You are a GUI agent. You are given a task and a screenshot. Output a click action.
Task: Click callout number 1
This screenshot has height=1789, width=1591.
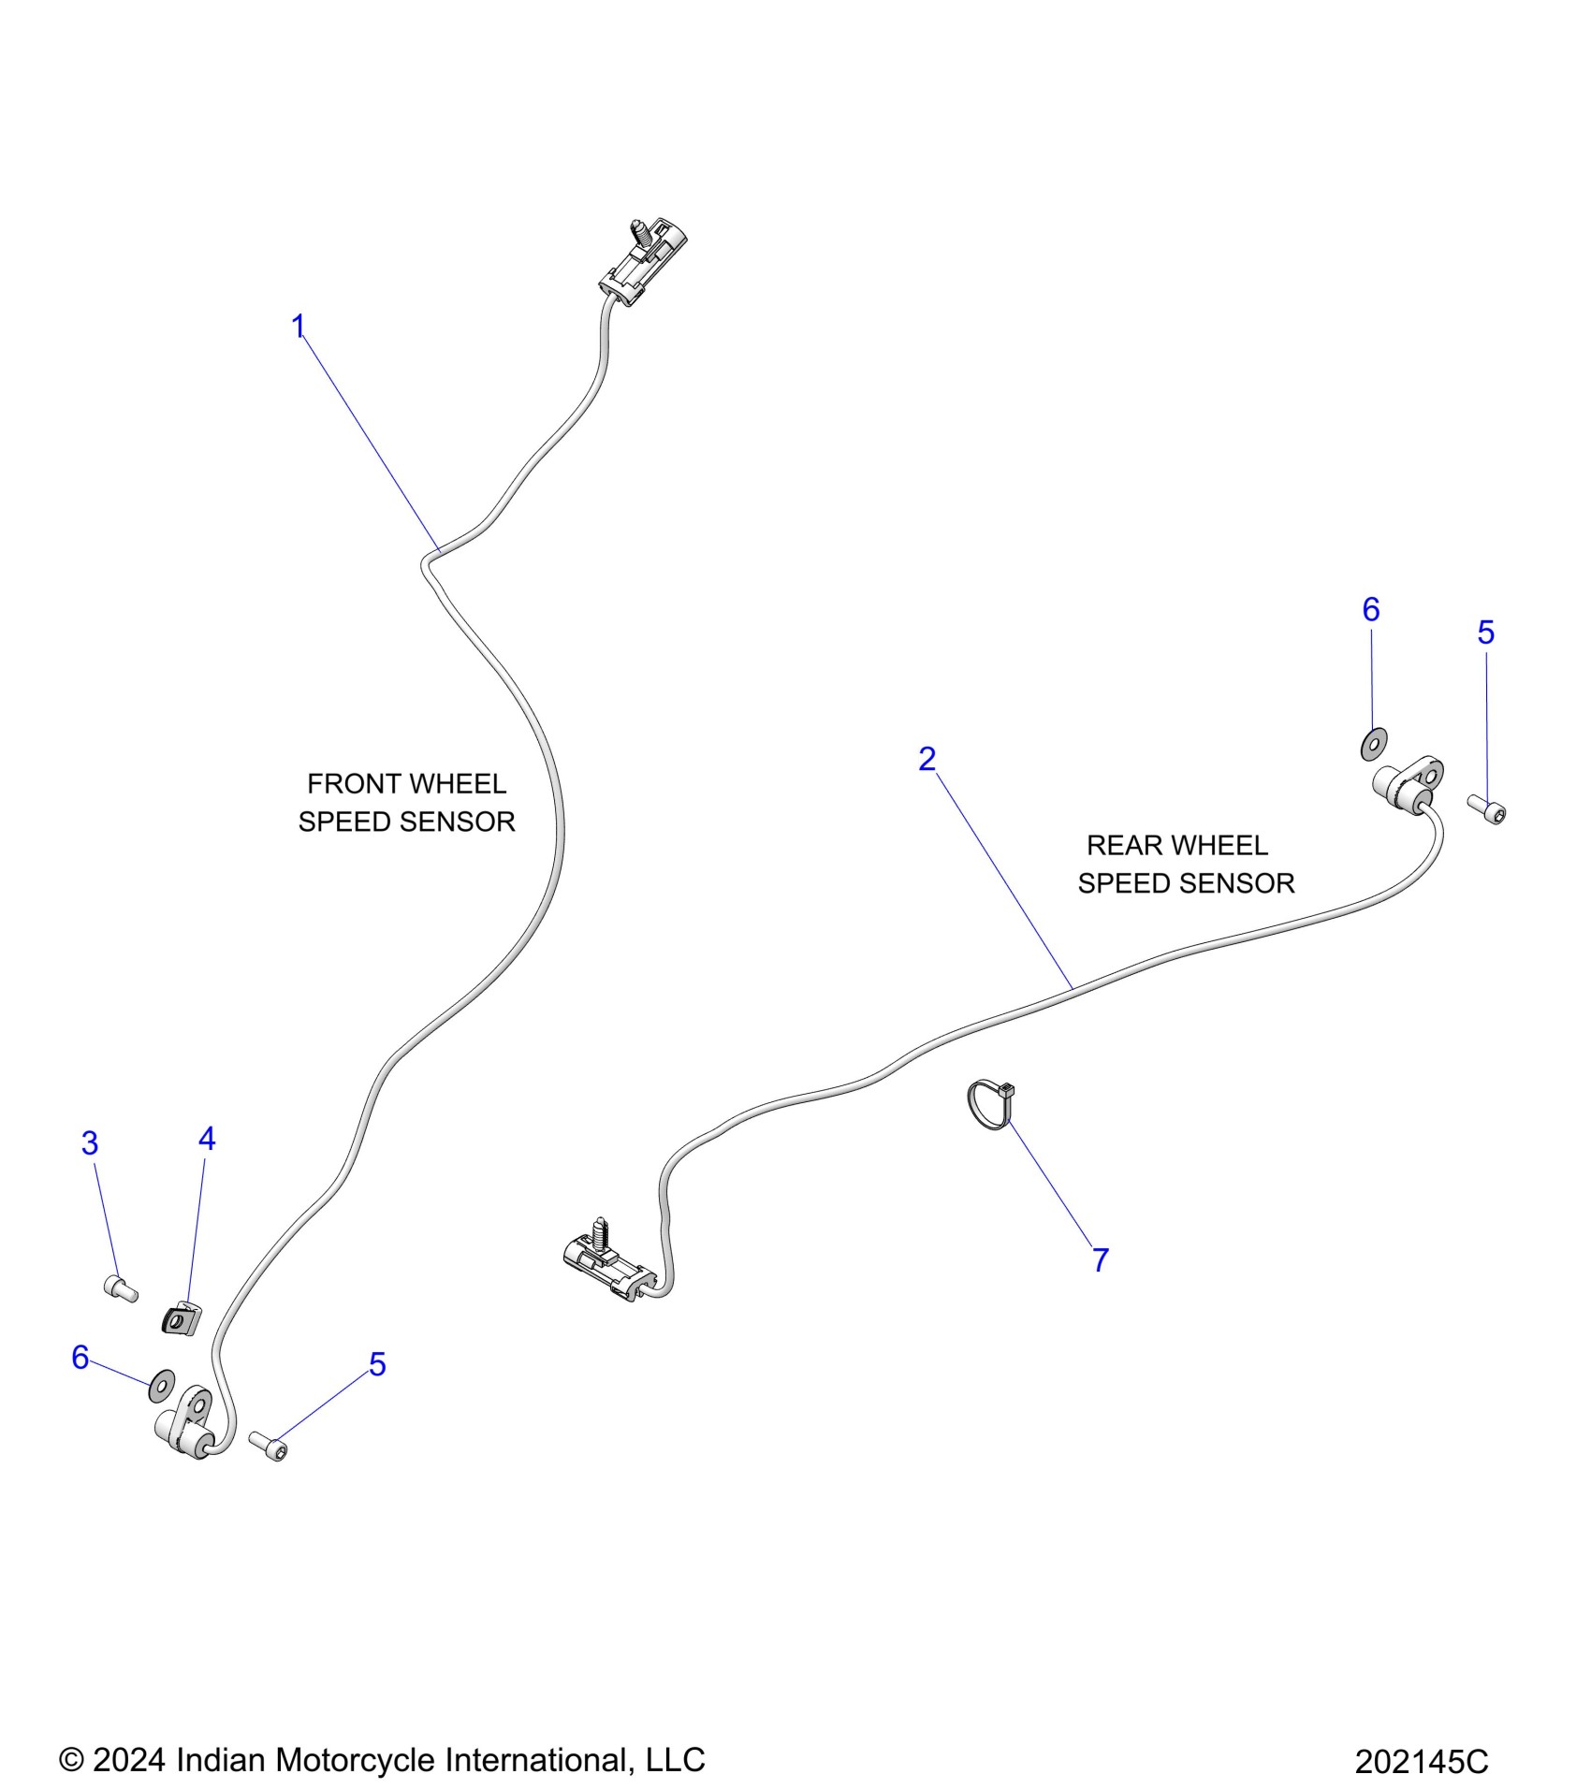tap(299, 327)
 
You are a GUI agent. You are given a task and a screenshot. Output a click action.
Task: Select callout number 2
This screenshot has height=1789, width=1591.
tap(927, 759)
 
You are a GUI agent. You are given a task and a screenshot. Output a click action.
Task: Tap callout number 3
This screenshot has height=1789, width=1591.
tap(90, 1142)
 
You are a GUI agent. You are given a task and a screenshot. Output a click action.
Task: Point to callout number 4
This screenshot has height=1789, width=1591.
tap(207, 1139)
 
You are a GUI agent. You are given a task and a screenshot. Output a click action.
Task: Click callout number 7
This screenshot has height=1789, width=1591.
tap(1101, 1260)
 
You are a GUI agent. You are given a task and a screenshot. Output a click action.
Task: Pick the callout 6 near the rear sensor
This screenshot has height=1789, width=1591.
tap(1371, 610)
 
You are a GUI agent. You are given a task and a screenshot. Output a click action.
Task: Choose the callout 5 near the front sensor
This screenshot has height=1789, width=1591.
tap(377, 1365)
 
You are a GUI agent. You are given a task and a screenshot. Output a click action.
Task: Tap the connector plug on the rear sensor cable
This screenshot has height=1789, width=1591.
tap(606, 1263)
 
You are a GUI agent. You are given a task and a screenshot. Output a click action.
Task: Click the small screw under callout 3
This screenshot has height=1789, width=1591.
tap(121, 1288)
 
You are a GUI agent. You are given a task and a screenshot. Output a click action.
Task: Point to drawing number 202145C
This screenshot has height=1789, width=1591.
tap(1421, 1762)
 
